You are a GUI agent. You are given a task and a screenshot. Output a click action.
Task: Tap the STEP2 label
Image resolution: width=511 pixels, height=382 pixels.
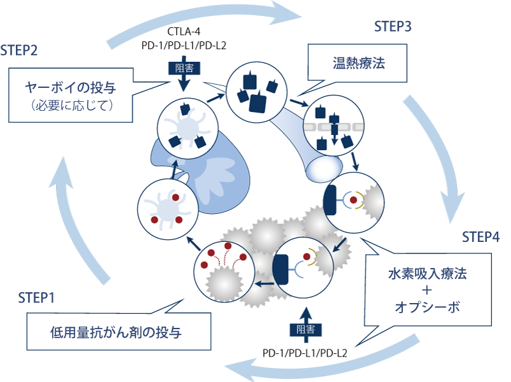(19, 50)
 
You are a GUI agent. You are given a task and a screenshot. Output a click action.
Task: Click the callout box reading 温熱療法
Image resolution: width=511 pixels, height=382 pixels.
(358, 64)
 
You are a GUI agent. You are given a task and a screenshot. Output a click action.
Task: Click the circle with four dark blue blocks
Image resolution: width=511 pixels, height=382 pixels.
(252, 88)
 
